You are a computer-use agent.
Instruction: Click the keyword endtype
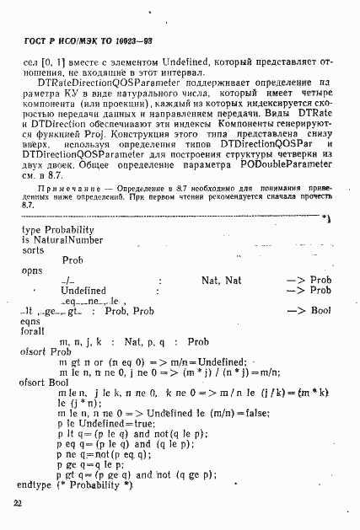point(34,485)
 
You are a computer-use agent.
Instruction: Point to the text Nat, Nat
point(221,280)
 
